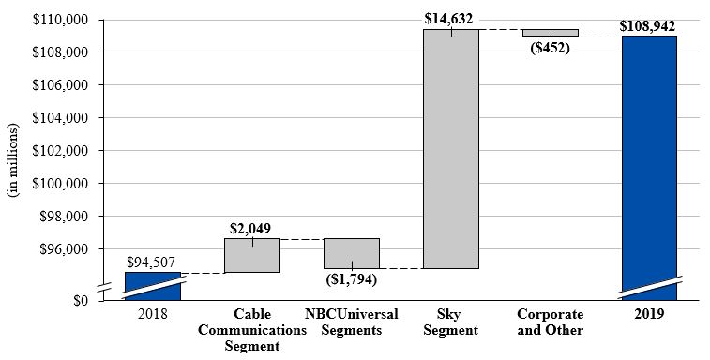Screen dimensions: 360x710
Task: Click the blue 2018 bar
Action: [x=152, y=286]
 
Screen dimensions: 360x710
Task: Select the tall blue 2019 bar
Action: [x=648, y=159]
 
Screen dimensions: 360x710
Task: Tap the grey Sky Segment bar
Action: [x=450, y=150]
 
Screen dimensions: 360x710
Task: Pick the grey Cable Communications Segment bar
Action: [x=252, y=255]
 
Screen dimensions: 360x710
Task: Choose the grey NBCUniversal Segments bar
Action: [x=352, y=253]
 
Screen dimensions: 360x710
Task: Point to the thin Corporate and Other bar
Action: [x=550, y=33]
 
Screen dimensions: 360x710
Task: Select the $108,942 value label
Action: [x=648, y=23]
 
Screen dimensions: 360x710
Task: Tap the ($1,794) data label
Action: [x=352, y=278]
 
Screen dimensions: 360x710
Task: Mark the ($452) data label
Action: [x=550, y=48]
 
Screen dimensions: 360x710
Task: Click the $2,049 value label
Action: [x=252, y=228]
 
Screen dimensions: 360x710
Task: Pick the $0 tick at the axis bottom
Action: [x=81, y=300]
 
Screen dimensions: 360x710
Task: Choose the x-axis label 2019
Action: [x=648, y=314]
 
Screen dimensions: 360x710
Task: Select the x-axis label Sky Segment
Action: [x=451, y=322]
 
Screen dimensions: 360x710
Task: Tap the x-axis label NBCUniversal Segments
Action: [x=352, y=322]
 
